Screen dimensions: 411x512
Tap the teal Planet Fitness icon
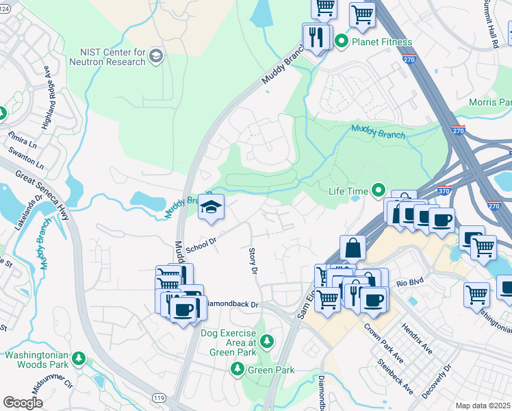click(342, 42)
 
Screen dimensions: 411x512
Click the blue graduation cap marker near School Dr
click(212, 206)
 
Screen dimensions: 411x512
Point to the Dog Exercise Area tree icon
click(266, 340)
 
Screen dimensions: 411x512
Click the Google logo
click(23, 403)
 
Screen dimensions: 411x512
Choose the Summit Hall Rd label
click(491, 24)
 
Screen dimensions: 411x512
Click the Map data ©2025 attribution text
click(483, 406)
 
